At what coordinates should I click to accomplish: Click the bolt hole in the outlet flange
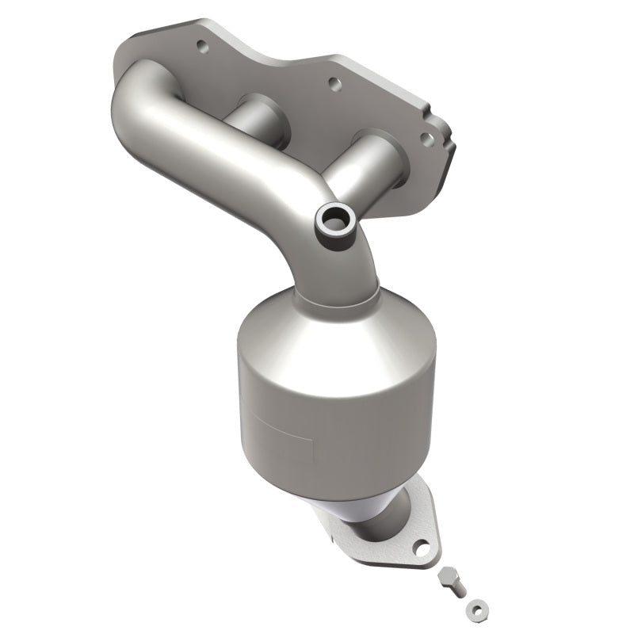tap(426, 547)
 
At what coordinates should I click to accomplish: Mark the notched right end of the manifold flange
tap(444, 135)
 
